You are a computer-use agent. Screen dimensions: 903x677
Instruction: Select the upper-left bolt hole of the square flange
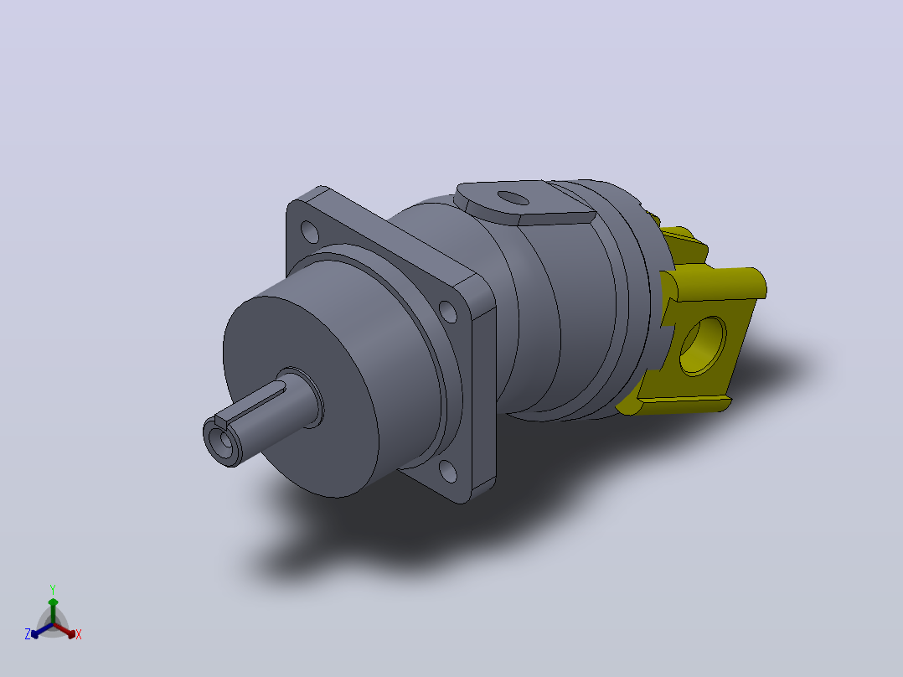click(x=310, y=231)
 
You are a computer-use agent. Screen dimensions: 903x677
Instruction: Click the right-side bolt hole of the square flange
click(x=448, y=312)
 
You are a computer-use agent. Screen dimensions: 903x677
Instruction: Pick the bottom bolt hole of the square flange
click(x=448, y=471)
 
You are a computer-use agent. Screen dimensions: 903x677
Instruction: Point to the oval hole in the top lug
click(x=513, y=199)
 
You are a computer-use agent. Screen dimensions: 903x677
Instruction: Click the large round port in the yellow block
click(x=703, y=346)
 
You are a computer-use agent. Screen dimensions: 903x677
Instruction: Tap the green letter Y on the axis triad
click(x=53, y=590)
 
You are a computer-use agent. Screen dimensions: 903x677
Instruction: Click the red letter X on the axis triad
click(x=79, y=634)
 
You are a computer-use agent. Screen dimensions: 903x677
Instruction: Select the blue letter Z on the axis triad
click(x=27, y=634)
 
